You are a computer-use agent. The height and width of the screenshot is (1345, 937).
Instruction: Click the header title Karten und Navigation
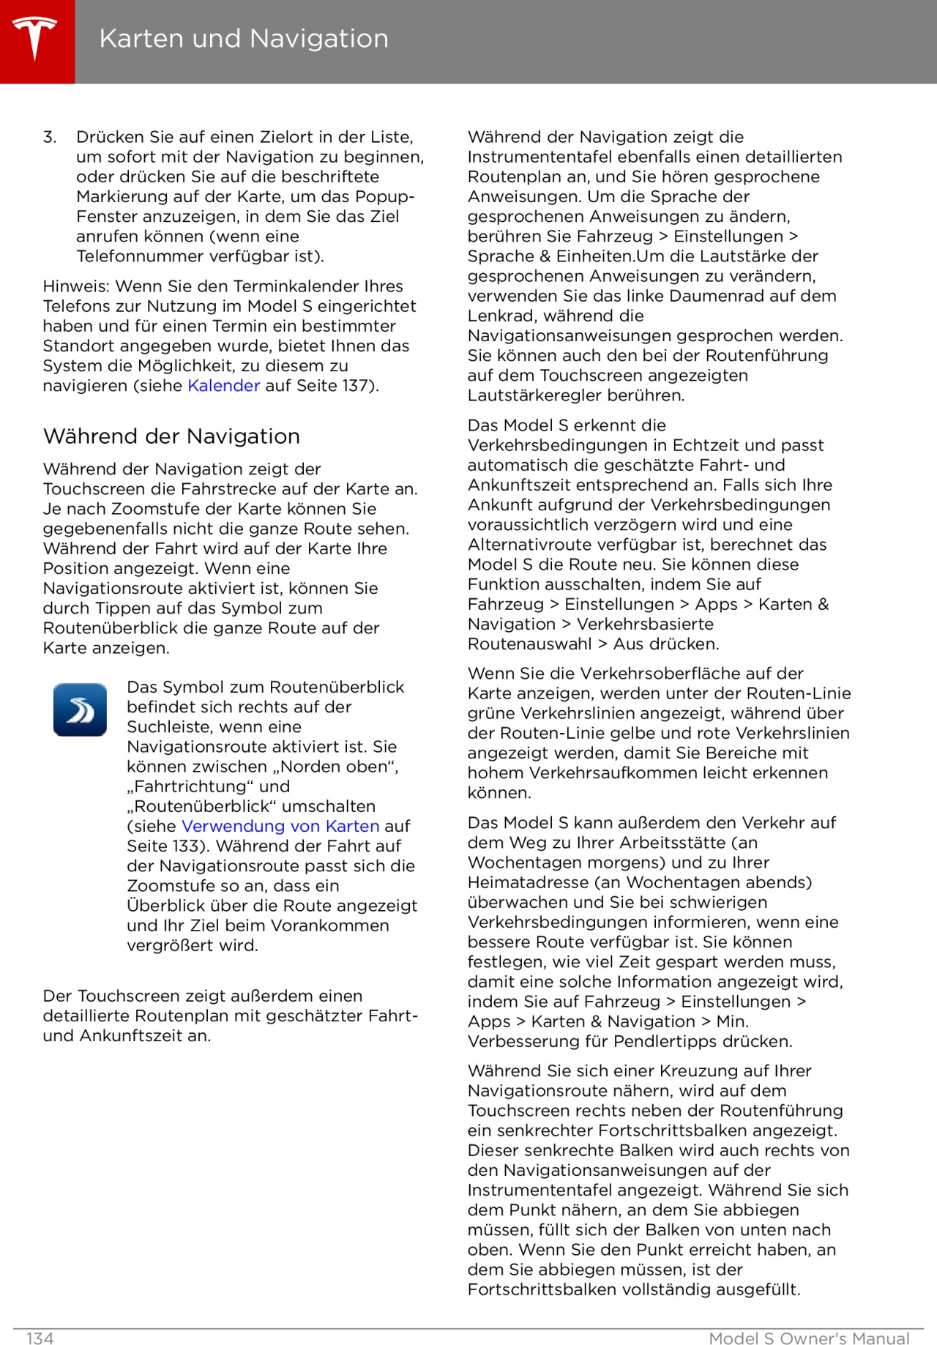coord(244,39)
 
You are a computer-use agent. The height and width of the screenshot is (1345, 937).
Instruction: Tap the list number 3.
coord(49,137)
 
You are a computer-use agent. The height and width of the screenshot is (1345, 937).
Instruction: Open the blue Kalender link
coord(223,386)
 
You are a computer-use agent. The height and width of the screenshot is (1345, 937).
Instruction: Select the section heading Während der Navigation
coord(171,436)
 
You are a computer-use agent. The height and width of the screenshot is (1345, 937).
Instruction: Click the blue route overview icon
coord(80,709)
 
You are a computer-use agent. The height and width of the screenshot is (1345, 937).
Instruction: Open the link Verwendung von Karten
coord(280,826)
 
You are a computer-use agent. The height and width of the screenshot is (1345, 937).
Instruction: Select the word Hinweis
coord(75,286)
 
